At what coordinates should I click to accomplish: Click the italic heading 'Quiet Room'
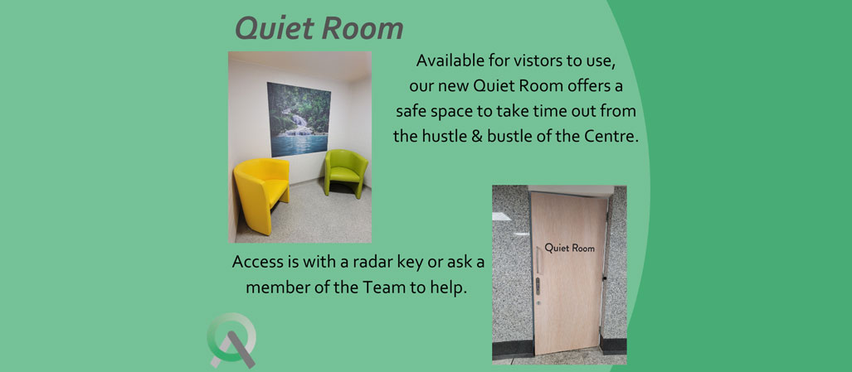point(319,28)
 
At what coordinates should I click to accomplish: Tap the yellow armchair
point(260,194)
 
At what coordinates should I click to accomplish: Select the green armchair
point(346,173)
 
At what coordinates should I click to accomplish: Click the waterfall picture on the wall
point(299,118)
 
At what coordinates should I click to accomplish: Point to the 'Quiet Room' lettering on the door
point(569,249)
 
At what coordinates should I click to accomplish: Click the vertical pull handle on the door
point(538,259)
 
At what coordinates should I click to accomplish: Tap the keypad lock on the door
point(538,286)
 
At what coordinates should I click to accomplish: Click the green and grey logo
point(232,340)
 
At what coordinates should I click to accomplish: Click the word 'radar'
point(374,261)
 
